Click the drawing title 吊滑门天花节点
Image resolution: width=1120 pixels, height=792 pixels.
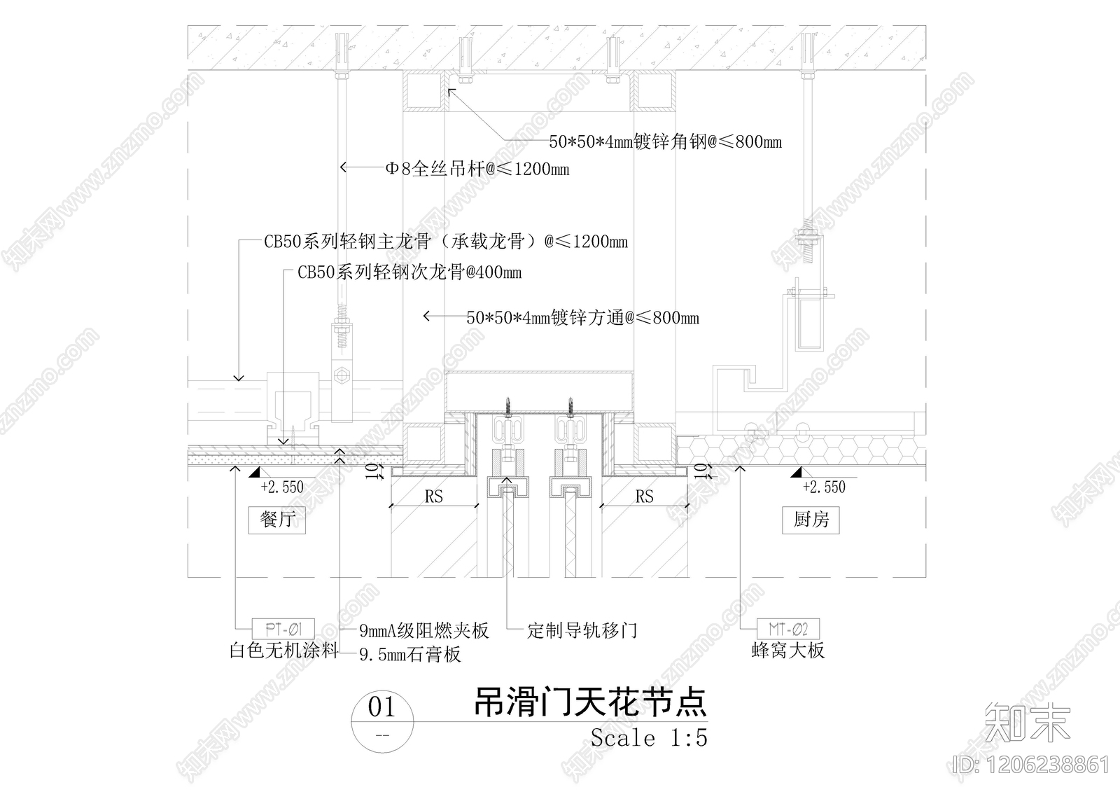click(590, 702)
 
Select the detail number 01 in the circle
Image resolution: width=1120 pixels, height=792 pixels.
click(381, 707)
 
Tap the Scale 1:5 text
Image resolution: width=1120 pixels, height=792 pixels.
click(648, 737)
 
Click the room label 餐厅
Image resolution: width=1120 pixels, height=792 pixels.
click(277, 520)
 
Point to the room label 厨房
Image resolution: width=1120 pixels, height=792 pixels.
click(811, 520)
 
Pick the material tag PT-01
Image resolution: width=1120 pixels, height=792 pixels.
click(283, 629)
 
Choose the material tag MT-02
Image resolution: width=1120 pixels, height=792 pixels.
click(788, 629)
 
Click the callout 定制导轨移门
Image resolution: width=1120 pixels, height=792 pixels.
click(582, 630)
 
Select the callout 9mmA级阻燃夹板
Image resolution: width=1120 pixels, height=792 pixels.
click(423, 630)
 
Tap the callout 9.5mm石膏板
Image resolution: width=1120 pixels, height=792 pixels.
click(410, 655)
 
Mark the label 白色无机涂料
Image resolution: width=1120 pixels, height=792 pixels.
click(283, 651)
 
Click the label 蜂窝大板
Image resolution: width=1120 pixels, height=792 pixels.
click(788, 651)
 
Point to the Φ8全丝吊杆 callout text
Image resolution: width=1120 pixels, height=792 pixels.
click(477, 169)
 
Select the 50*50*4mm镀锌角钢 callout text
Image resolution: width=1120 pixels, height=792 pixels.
click(665, 142)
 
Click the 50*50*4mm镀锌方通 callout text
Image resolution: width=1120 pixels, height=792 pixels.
click(582, 318)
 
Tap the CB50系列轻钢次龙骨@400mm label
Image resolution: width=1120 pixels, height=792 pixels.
click(409, 272)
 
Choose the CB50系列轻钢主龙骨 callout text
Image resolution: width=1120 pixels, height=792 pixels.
click(445, 242)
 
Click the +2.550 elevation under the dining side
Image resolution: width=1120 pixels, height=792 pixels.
click(281, 487)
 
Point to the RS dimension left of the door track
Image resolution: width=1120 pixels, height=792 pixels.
click(434, 496)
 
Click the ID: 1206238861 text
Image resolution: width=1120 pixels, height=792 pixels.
click(1032, 764)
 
